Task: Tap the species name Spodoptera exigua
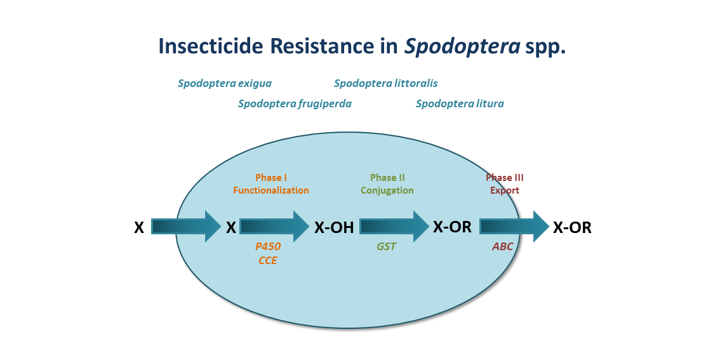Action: point(225,83)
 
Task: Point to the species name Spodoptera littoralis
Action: point(385,83)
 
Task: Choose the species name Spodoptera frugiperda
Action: point(295,103)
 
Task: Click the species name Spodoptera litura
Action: point(460,103)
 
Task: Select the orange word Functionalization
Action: point(271,190)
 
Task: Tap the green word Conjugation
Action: point(387,190)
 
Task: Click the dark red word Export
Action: point(505,190)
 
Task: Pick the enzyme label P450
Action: point(268,247)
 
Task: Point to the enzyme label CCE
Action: point(268,260)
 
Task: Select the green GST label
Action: point(386,247)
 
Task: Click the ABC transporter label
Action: point(503,247)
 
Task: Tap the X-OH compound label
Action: point(334,227)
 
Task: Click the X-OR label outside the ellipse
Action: point(572,228)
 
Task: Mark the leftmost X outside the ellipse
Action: point(139,227)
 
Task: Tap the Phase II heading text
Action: point(387,178)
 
